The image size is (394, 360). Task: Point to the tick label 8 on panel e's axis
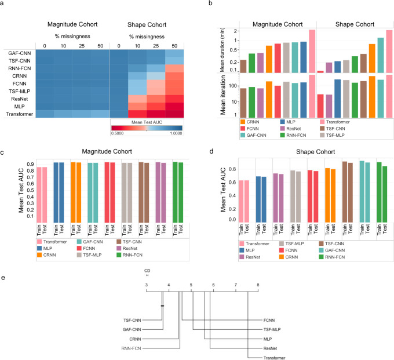258,285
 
